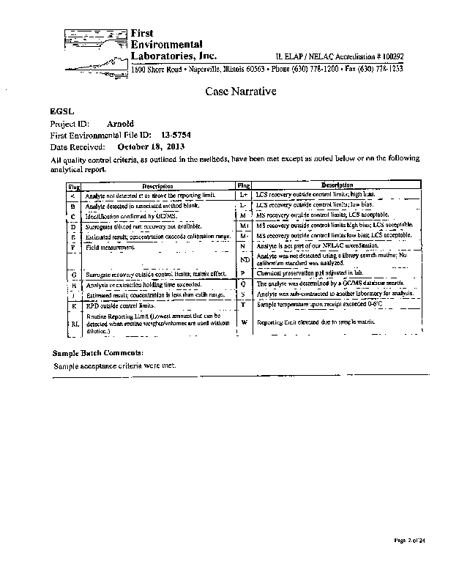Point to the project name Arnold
pyautogui.click(x=120, y=125)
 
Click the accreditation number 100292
pyautogui.click(x=389, y=56)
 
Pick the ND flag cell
pyautogui.click(x=245, y=260)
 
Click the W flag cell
pyautogui.click(x=245, y=322)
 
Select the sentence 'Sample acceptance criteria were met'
pyautogui.click(x=113, y=366)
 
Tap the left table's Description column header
pyautogui.click(x=157, y=186)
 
